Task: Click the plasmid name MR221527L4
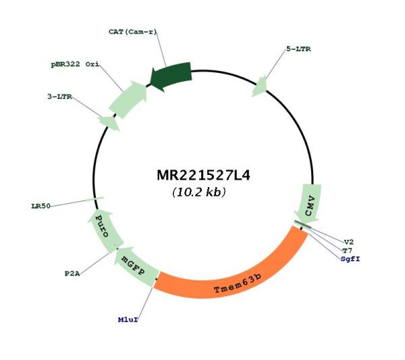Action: coord(204,176)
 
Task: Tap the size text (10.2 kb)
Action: coord(199,192)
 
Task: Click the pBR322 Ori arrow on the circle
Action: coord(128,99)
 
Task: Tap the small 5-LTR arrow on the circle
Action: coord(260,86)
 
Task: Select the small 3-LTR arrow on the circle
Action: coord(109,123)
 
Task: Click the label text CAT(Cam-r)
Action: coord(132,32)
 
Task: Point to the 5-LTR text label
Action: coord(298,49)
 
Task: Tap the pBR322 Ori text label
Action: coord(75,64)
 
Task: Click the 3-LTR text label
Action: coord(59,97)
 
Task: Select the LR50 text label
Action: coord(40,206)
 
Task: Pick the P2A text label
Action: coord(72,274)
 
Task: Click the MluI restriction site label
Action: coord(128,319)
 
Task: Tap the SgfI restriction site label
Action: coord(350,259)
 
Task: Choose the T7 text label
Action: coord(347,251)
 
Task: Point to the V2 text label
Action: coord(349,242)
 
